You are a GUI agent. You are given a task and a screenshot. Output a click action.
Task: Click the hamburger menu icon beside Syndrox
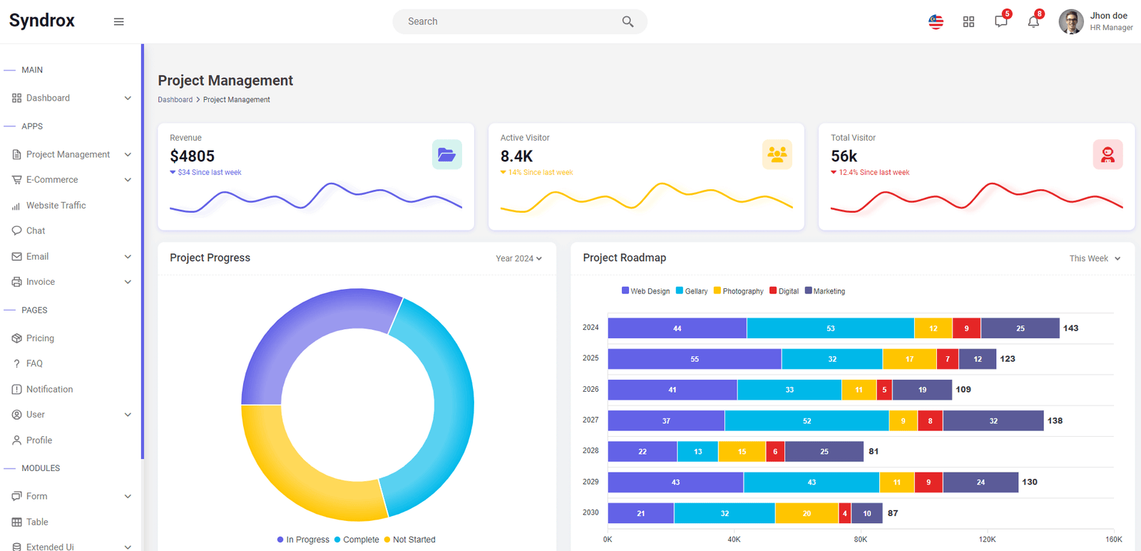click(x=118, y=21)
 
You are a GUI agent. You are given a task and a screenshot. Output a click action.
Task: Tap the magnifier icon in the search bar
click(x=628, y=21)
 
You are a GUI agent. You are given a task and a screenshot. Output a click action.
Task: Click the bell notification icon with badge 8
click(x=1033, y=21)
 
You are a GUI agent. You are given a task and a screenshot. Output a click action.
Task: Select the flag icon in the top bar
click(x=936, y=21)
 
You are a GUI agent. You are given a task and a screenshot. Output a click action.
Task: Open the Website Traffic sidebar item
click(x=56, y=206)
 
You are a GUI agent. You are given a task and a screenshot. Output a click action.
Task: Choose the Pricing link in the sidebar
click(x=40, y=338)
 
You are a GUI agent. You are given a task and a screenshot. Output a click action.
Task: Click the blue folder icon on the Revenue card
click(x=446, y=154)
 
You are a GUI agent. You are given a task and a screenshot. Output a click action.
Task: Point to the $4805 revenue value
click(x=192, y=156)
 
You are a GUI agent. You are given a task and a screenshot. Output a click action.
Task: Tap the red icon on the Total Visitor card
click(x=1108, y=154)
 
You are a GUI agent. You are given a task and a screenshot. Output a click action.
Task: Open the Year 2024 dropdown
click(x=518, y=258)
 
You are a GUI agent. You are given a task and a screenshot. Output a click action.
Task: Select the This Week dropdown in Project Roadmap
click(x=1095, y=258)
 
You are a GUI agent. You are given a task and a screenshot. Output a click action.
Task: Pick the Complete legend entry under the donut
click(x=357, y=540)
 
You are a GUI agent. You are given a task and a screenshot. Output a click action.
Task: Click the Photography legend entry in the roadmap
click(x=739, y=291)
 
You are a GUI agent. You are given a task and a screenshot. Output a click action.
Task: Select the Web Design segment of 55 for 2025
click(x=695, y=359)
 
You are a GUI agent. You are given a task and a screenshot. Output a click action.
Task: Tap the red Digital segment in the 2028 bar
click(x=775, y=452)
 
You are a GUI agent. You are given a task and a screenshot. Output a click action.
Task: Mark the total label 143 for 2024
click(x=1070, y=328)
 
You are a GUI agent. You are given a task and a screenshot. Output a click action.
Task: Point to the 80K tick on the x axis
click(x=860, y=540)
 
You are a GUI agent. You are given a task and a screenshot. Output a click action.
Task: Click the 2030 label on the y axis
click(x=591, y=512)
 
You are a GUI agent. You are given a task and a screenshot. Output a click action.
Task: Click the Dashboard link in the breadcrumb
click(x=175, y=100)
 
